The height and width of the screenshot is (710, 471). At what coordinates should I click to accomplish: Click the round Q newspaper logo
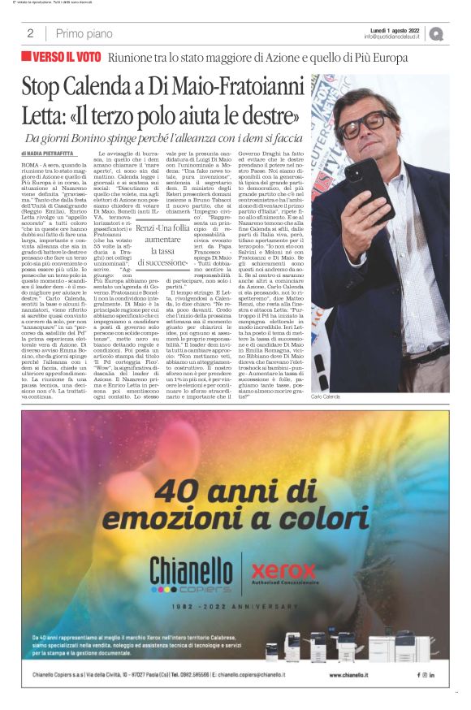click(436, 34)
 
